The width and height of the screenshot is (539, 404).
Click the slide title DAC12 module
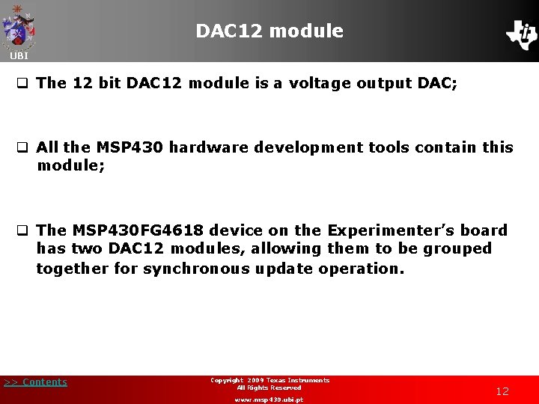(x=269, y=31)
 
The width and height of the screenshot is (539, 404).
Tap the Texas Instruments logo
(x=521, y=34)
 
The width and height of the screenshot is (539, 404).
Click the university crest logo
(x=19, y=27)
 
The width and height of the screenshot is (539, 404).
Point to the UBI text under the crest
(x=19, y=56)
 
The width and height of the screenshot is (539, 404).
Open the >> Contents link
(x=35, y=382)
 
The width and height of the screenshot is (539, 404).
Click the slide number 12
(x=502, y=391)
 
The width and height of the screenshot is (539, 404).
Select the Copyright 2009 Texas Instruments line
(x=269, y=380)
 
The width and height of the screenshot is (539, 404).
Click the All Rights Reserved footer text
(x=269, y=388)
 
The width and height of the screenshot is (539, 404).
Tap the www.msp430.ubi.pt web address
(x=269, y=400)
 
